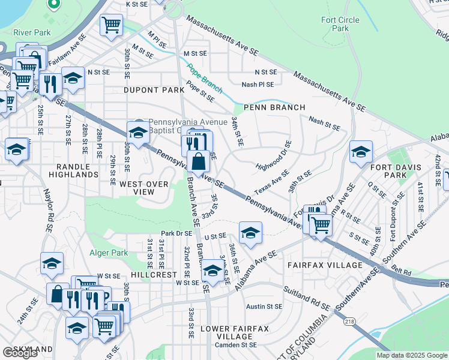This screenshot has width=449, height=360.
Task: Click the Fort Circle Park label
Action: (x=340, y=24)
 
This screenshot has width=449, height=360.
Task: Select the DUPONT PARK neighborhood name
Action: (x=153, y=90)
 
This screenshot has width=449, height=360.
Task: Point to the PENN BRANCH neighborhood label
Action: (x=274, y=107)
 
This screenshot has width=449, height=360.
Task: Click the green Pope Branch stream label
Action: (x=204, y=79)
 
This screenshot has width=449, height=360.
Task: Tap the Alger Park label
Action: (x=109, y=253)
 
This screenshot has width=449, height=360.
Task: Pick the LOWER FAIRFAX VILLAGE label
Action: (x=235, y=332)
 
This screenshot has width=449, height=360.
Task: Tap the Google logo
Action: (x=20, y=353)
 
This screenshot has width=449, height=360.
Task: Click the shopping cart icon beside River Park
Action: (x=111, y=25)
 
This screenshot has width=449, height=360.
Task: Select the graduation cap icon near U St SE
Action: (x=250, y=232)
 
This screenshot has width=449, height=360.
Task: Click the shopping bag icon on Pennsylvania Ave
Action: (x=198, y=161)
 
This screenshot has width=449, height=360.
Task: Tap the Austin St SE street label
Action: (x=264, y=307)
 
